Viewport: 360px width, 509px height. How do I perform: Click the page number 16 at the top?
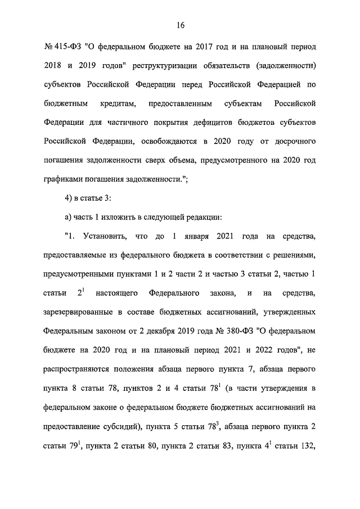point(180,25)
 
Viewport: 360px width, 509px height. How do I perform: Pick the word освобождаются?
point(168,141)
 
